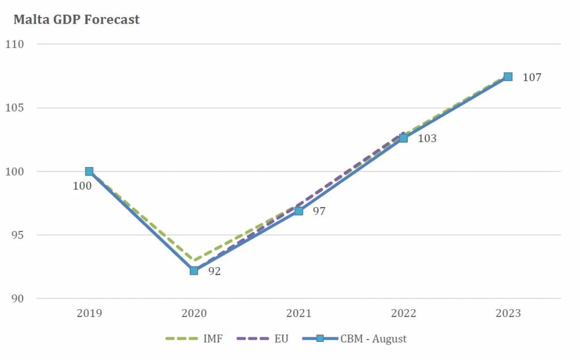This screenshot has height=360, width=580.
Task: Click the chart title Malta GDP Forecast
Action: click(x=76, y=20)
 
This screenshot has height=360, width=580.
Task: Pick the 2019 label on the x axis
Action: click(x=89, y=314)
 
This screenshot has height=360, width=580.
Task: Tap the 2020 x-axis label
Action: click(x=194, y=314)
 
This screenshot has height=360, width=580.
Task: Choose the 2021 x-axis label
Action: click(x=298, y=314)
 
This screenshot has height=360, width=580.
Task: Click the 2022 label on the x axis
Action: click(x=403, y=314)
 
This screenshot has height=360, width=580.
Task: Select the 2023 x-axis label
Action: click(x=508, y=314)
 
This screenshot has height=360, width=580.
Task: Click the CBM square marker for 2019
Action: click(x=89, y=172)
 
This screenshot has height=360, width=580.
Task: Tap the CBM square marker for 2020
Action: click(x=194, y=271)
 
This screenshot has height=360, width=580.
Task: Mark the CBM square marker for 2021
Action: click(x=298, y=211)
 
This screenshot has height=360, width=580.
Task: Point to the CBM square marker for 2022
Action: click(x=403, y=138)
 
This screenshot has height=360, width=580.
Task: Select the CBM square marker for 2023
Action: click(x=508, y=76)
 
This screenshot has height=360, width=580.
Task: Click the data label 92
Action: click(x=214, y=271)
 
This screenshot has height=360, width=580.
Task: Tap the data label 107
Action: click(x=532, y=78)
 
